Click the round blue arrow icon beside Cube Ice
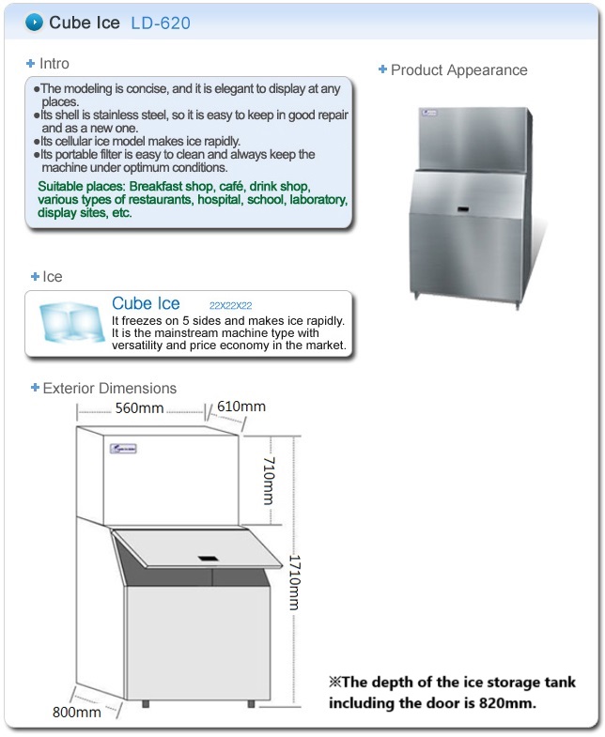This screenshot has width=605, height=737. click(x=34, y=22)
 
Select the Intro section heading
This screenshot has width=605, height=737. click(x=54, y=64)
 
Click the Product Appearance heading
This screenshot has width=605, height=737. click(x=458, y=69)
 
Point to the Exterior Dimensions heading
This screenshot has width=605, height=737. click(x=109, y=388)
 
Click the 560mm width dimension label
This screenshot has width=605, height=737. click(x=139, y=408)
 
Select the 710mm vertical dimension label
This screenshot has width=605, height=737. click(x=268, y=480)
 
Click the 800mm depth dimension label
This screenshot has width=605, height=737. click(x=76, y=713)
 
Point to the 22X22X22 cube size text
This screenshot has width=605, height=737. click(x=231, y=306)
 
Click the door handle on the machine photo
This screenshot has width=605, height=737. click(x=464, y=206)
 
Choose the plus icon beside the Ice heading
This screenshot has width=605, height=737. click(x=35, y=277)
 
